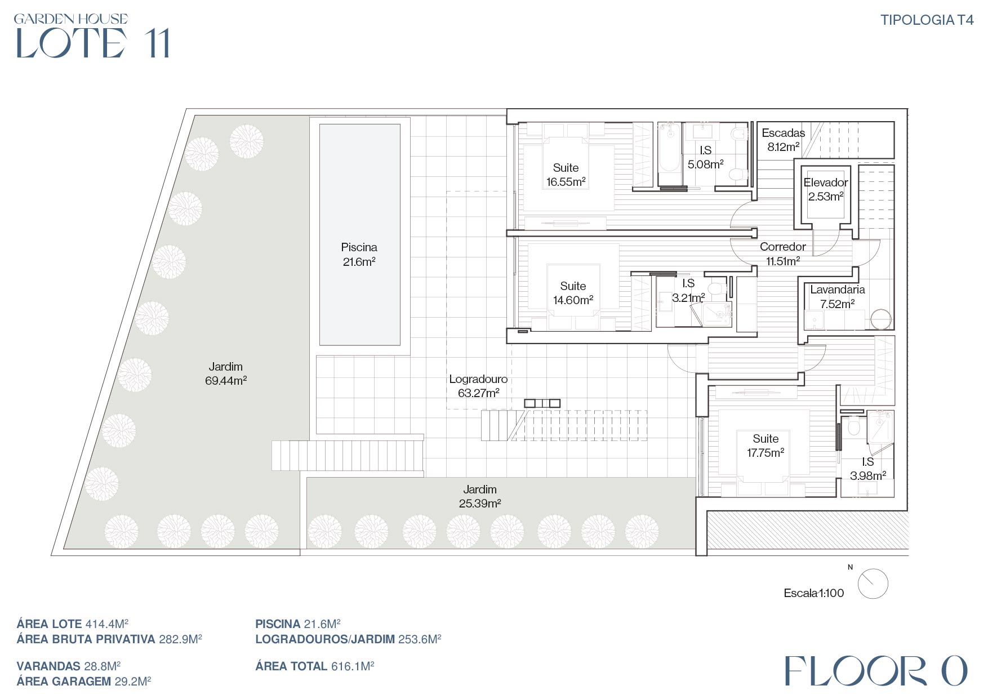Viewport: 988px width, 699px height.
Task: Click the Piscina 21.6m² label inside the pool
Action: coord(359,255)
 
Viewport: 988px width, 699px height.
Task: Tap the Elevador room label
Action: coord(826,182)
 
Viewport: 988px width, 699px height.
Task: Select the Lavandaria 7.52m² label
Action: coord(838,297)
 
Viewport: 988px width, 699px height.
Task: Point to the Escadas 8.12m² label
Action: coord(784,140)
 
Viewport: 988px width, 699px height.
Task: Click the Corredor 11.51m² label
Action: coord(783,253)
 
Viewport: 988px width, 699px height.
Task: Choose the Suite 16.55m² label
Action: coord(566,175)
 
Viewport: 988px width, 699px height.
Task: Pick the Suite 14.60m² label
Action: coord(573,293)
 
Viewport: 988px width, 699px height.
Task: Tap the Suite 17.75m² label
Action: coord(766,446)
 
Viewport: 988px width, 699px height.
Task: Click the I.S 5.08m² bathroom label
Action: coord(705,157)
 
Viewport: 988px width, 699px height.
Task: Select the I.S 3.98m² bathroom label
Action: coord(868,469)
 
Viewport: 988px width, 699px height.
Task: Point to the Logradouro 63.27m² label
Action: coord(478,386)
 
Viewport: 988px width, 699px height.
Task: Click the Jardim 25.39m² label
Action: coord(480,496)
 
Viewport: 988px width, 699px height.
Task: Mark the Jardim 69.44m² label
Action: coord(226,373)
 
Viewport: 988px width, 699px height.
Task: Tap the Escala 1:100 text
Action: coord(814,593)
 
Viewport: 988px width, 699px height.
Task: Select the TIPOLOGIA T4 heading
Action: coord(927,20)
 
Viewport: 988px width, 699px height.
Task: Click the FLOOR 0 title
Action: coord(876,671)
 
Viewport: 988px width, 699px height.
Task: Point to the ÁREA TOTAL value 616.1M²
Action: coord(353,666)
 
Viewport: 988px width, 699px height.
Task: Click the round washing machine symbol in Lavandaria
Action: coord(881,319)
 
